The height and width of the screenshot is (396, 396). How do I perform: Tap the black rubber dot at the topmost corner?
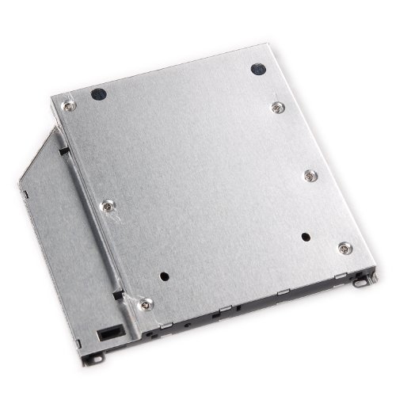pyautogui.click(x=257, y=69)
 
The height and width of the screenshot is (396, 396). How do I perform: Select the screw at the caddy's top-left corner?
pyautogui.click(x=69, y=105)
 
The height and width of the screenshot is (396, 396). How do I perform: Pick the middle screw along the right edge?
pyautogui.click(x=308, y=176)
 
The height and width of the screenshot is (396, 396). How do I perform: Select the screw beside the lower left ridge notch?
pyautogui.click(x=145, y=302)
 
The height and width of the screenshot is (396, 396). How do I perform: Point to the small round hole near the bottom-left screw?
pyautogui.click(x=164, y=278)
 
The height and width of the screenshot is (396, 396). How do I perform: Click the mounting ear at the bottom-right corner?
pyautogui.click(x=364, y=278)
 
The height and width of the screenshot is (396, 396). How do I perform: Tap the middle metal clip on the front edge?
pyautogui.click(x=225, y=307)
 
